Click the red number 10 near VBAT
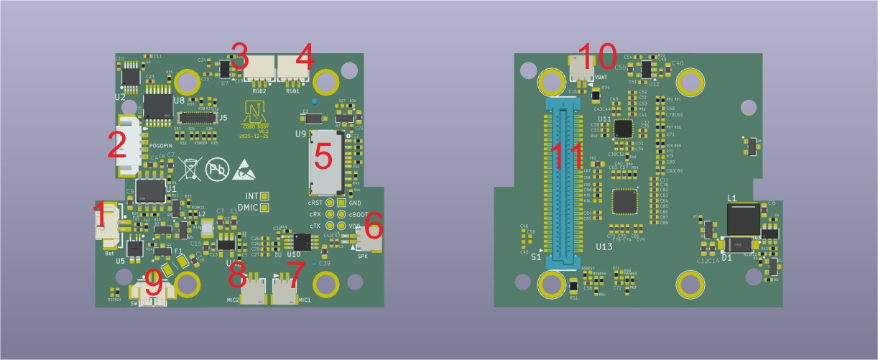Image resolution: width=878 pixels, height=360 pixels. point(598,55)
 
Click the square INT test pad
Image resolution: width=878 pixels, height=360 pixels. point(265,196)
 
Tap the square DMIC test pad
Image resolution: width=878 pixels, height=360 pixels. point(265,208)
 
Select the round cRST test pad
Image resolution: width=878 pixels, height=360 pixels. point(330,203)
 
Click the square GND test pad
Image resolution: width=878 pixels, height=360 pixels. point(341,203)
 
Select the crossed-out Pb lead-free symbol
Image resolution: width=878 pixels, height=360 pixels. point(217,170)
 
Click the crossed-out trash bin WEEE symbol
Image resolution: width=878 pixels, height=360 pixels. point(188,169)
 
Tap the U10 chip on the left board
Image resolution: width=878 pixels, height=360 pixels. point(302,241)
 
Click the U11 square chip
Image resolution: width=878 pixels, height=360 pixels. point(622,129)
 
